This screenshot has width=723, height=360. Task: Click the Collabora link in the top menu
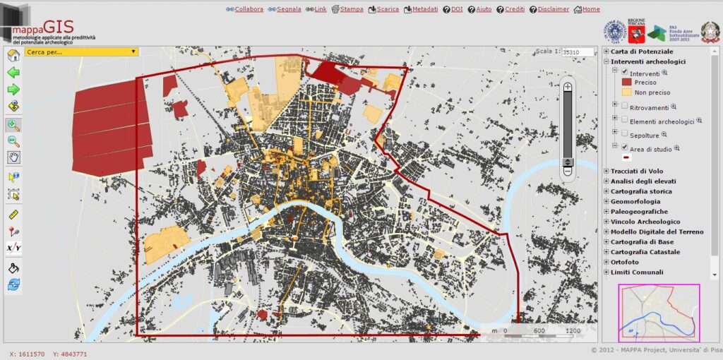click(249, 9)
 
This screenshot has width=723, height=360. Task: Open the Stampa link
click(352, 9)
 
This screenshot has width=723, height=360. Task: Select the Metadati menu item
click(424, 9)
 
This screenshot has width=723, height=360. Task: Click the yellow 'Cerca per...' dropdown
click(81, 52)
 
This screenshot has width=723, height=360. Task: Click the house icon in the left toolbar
click(13, 56)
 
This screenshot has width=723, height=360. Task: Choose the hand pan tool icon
click(13, 157)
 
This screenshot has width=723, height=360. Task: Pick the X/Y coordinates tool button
click(13, 248)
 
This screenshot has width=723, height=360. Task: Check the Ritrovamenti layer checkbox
click(624, 107)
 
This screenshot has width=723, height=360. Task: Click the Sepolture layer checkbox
click(624, 133)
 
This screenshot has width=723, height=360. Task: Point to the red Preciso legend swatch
click(626, 83)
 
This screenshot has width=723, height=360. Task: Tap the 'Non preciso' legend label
click(652, 92)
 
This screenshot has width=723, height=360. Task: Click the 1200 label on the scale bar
click(573, 330)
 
